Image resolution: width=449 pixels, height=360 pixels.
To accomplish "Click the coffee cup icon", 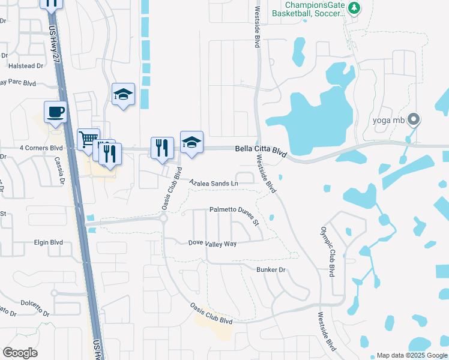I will point(55,112).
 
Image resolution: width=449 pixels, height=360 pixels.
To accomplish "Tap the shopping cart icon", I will point(88,139).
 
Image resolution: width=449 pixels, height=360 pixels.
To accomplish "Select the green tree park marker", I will point(354,8).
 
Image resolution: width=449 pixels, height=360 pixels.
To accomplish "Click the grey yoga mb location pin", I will point(413,119).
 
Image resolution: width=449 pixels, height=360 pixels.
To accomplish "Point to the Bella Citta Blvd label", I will point(261,148).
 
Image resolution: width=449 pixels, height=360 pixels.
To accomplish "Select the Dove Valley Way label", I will point(212,244).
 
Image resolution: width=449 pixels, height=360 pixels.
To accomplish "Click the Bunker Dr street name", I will point(271,269).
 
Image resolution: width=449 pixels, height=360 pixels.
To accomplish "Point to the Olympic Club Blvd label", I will point(327,251).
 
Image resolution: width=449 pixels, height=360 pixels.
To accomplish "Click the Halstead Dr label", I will point(26,65).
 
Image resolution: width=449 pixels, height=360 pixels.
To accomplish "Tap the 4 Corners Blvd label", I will point(41,147).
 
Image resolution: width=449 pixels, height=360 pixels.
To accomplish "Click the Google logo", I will point(20,353).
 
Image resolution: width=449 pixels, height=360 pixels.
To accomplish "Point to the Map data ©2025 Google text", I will point(411,355).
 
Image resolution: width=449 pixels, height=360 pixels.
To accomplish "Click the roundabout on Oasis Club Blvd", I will point(163,219).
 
